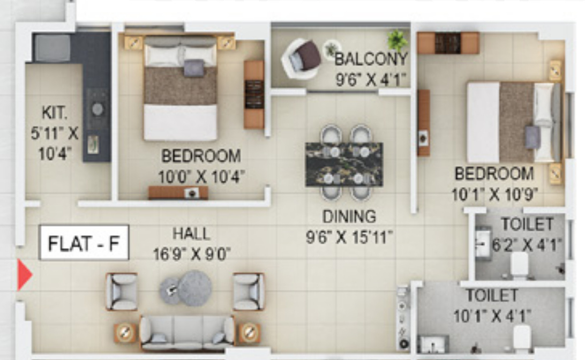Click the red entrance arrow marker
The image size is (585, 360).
pos(24,275)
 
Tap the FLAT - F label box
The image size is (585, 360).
pos(84,243)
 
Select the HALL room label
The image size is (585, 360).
pos(191,234)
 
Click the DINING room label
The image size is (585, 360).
pos(349,216)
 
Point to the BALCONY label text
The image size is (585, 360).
pos(371,58)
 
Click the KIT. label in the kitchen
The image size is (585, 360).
pos(54,113)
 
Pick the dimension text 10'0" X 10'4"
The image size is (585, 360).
pos(201,176)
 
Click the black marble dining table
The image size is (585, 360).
pos(344,164)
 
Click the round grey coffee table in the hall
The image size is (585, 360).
pos(194,288)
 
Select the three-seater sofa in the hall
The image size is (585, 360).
pos(186,332)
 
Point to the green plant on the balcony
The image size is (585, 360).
pos(397,39)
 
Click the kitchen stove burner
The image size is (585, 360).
pos(97,109)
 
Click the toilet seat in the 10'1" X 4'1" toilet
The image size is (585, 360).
pos(521,336)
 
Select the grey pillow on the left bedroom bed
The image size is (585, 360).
pos(194,68)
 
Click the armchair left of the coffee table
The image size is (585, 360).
pos(122,291)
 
